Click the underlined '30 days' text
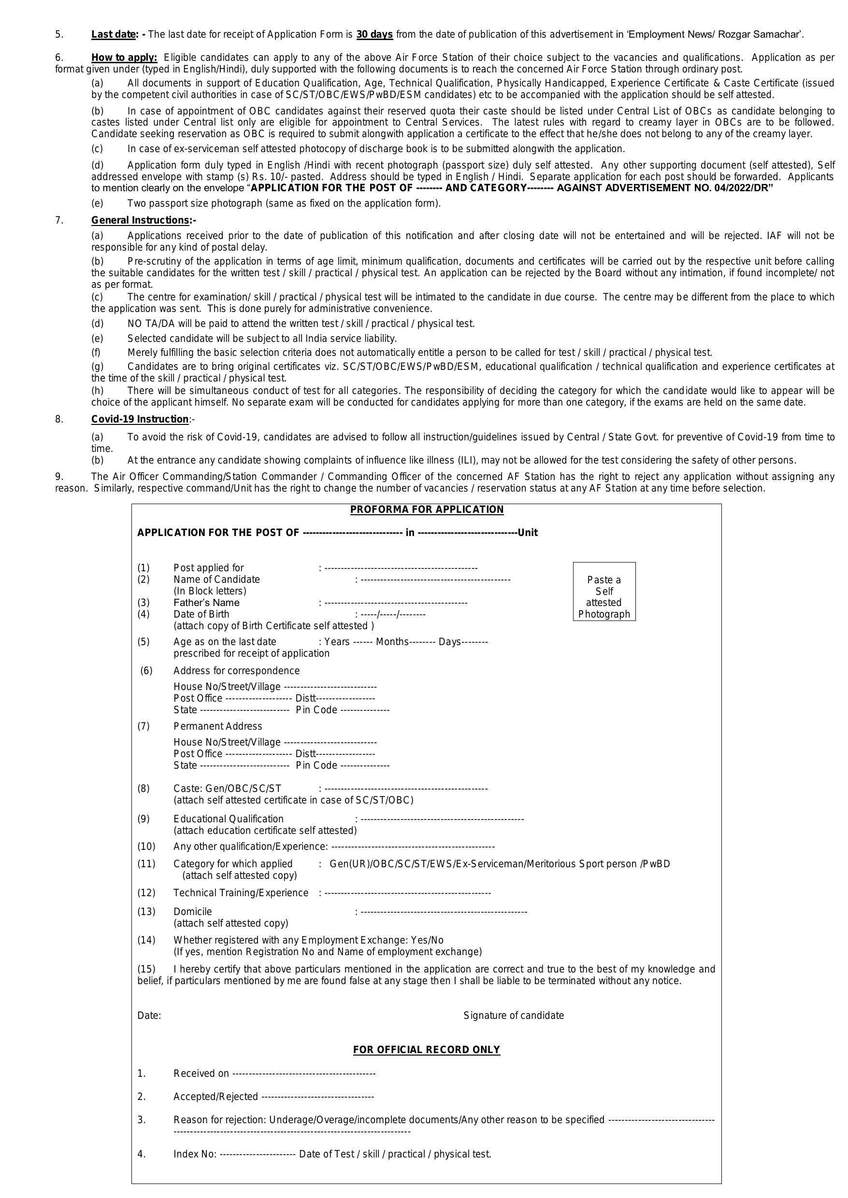374,34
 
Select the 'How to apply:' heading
124,57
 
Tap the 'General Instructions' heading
140,220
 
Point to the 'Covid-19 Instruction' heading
140,419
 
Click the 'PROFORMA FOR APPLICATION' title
427,509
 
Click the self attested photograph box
604,591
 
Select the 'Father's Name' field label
206,603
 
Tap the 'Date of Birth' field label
201,614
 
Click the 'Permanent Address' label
218,726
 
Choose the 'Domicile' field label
193,911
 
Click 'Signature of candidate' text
513,1015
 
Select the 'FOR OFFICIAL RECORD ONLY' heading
427,1049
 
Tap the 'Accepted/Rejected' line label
215,1096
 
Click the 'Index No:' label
195,1154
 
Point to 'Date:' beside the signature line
149,1015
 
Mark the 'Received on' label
201,1073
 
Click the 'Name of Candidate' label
216,579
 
